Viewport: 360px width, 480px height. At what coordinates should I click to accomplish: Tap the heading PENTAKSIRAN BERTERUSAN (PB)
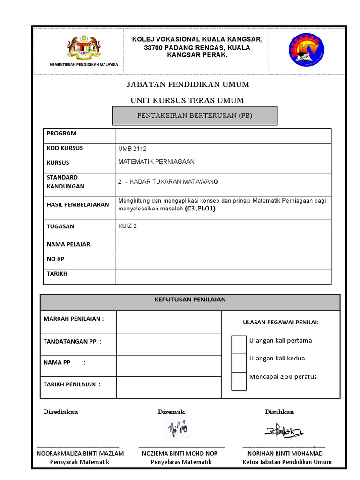pyautogui.click(x=195, y=116)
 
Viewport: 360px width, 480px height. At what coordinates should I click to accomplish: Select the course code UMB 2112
pyautogui.click(x=133, y=149)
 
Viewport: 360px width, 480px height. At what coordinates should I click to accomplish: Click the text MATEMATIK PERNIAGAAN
pyautogui.click(x=156, y=162)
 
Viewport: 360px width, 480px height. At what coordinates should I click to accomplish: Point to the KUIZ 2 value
pyautogui.click(x=127, y=225)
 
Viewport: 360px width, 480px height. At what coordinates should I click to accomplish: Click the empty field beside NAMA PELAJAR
pyautogui.click(x=223, y=247)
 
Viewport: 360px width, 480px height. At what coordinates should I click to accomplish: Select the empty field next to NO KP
pyautogui.click(x=223, y=262)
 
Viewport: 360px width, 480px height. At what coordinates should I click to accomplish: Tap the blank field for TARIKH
pyautogui.click(x=223, y=277)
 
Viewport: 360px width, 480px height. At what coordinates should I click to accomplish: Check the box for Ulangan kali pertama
pyautogui.click(x=239, y=345)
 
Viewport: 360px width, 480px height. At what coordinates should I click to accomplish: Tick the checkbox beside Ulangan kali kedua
pyautogui.click(x=239, y=362)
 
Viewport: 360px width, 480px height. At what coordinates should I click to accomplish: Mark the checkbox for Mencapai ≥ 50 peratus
pyautogui.click(x=239, y=381)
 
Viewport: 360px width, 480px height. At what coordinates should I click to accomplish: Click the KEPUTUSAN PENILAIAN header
pyautogui.click(x=190, y=300)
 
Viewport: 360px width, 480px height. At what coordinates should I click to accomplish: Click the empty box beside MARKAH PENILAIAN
pyautogui.click(x=169, y=322)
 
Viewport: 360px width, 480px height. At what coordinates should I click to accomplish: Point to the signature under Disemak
pyautogui.click(x=177, y=428)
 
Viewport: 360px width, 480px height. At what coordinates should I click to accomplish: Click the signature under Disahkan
pyautogui.click(x=283, y=430)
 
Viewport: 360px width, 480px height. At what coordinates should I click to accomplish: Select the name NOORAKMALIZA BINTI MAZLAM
pyautogui.click(x=80, y=453)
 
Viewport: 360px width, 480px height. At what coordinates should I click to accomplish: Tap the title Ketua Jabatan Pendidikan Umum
pyautogui.click(x=287, y=462)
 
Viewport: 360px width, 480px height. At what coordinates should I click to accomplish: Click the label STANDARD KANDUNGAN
pyautogui.click(x=66, y=182)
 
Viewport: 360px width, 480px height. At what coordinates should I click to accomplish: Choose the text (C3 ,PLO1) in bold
pyautogui.click(x=200, y=209)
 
